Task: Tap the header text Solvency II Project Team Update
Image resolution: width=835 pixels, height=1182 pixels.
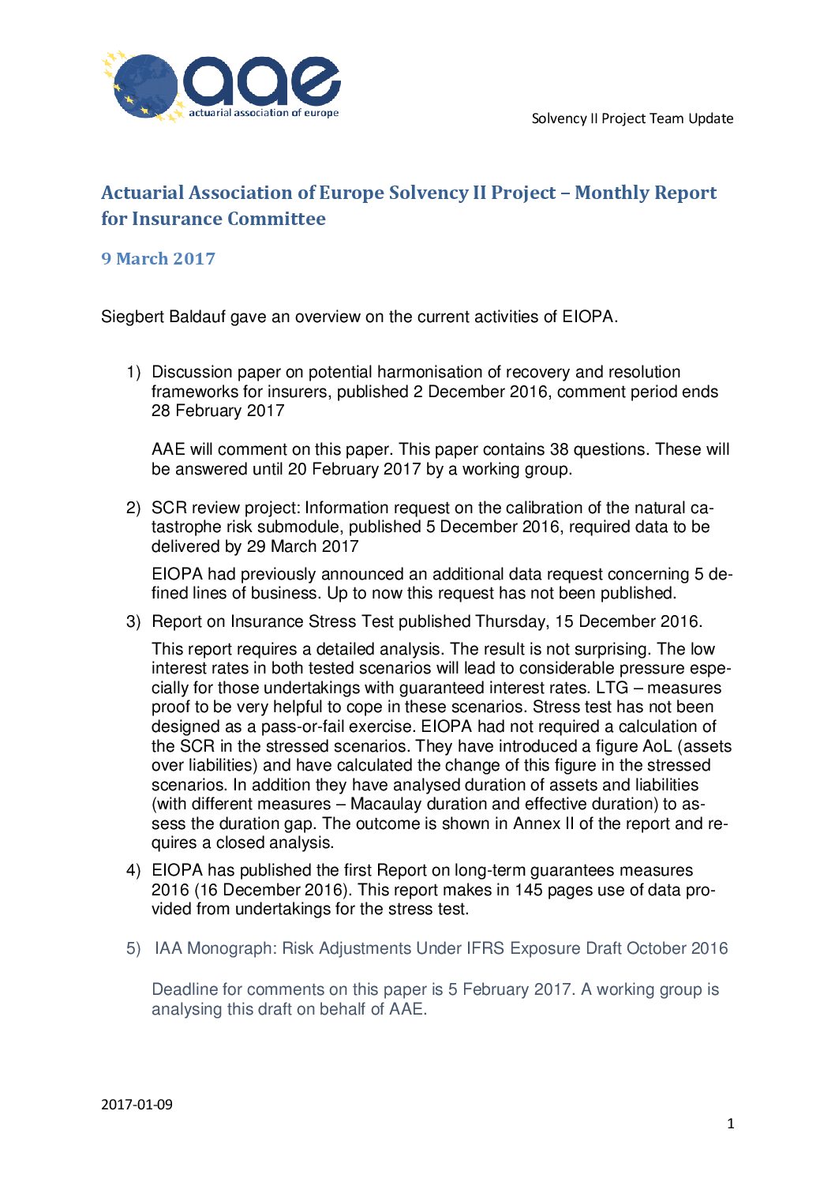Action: [x=632, y=118]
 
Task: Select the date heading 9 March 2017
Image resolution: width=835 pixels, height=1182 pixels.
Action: [x=158, y=259]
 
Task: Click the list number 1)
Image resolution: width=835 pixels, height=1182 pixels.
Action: [x=133, y=372]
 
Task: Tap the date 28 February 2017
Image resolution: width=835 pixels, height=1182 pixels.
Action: [x=218, y=411]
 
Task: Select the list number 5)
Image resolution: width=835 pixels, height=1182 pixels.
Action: [x=133, y=948]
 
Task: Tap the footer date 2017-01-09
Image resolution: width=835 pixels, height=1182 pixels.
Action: [x=137, y=1104]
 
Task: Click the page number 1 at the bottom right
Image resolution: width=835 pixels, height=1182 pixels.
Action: [x=730, y=1124]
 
